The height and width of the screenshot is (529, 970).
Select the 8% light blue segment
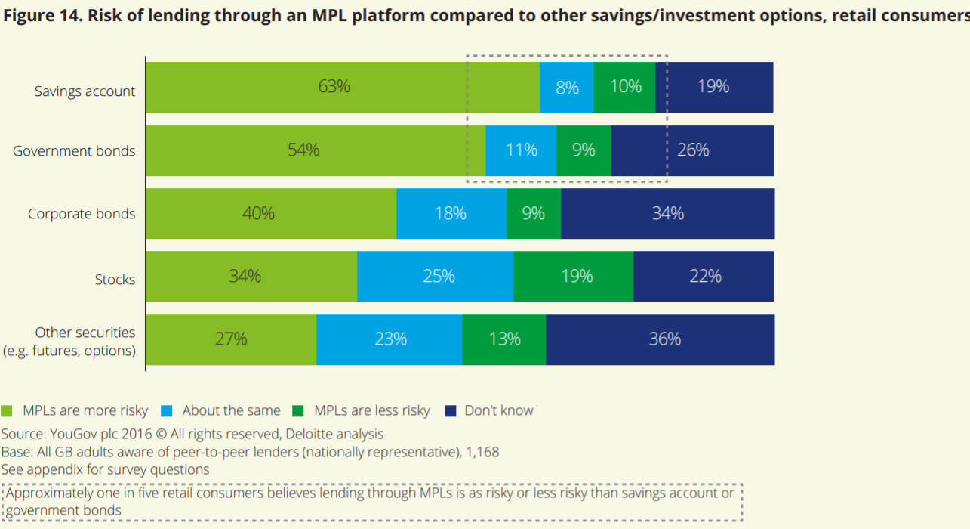(567, 87)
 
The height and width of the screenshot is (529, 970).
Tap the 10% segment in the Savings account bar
(625, 87)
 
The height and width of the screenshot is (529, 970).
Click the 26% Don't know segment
(692, 150)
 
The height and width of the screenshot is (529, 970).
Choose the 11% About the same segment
(521, 150)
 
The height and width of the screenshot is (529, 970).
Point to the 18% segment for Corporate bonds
(451, 214)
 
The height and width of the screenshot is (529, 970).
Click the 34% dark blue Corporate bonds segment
(667, 214)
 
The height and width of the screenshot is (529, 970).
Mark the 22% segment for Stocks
(704, 277)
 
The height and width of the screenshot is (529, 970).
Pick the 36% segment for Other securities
(661, 339)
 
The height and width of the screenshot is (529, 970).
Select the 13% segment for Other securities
(503, 339)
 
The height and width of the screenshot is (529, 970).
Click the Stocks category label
(115, 280)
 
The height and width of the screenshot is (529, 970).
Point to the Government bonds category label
(74, 151)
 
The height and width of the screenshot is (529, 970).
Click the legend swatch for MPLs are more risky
(8, 411)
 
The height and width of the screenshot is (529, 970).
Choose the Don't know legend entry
(498, 411)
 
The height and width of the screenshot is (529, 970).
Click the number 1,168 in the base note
(481, 452)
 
